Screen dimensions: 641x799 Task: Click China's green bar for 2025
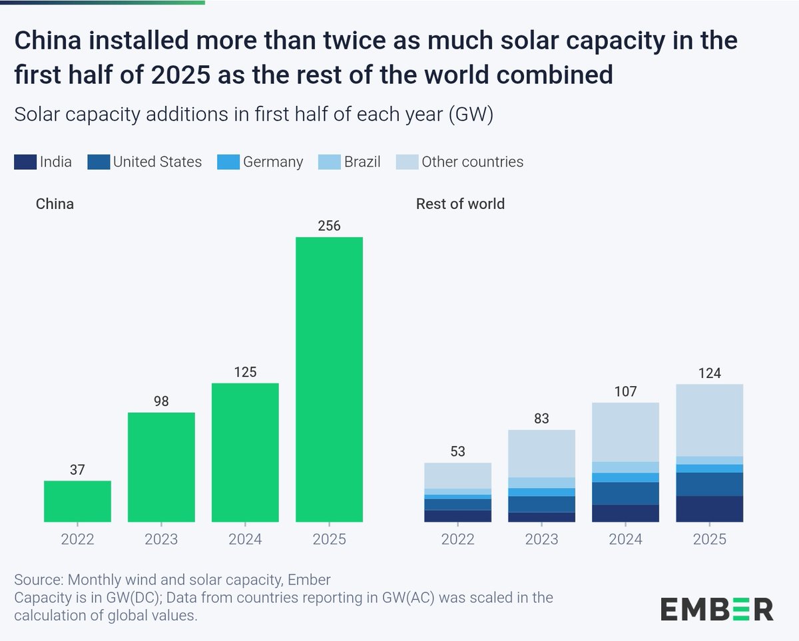click(329, 379)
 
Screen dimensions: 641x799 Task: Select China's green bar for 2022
click(77, 501)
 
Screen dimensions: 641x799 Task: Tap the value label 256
click(329, 226)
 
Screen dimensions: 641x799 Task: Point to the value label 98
click(161, 401)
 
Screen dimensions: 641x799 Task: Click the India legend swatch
click(25, 162)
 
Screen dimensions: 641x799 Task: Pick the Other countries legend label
click(472, 162)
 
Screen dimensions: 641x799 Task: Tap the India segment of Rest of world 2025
click(709, 509)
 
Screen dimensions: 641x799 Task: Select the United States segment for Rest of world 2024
click(625, 493)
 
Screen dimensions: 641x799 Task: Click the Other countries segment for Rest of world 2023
click(541, 453)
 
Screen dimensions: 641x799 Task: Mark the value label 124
click(709, 373)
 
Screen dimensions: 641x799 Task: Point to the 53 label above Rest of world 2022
click(457, 452)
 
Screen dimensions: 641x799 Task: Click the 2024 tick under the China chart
click(245, 538)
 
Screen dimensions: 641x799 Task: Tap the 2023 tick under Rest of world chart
click(541, 538)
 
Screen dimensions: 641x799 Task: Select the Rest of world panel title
click(460, 204)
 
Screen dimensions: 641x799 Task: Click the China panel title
click(55, 204)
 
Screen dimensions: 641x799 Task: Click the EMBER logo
click(716, 608)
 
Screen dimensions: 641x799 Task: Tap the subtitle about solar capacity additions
click(253, 114)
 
